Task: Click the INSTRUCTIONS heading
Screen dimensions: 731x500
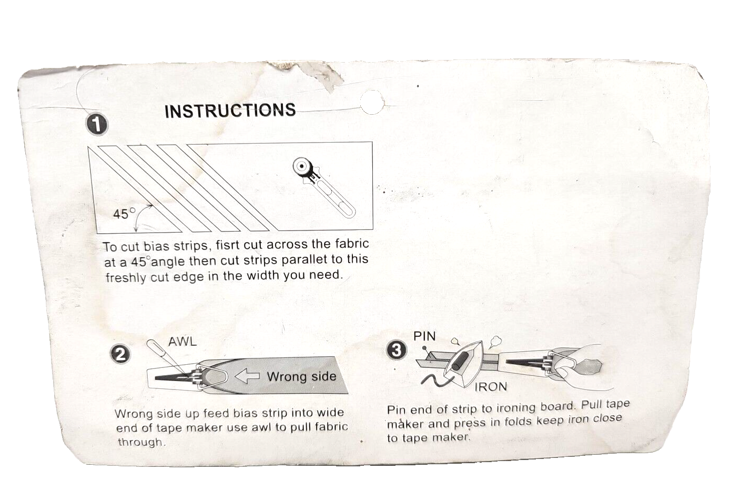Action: [230, 111]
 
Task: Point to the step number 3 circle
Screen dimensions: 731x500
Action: [397, 351]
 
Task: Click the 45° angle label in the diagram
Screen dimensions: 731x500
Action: [124, 214]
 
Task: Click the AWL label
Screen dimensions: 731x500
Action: [182, 342]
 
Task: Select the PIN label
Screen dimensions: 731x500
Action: [425, 336]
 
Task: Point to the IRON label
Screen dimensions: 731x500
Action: [491, 387]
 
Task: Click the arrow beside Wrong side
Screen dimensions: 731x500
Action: [247, 376]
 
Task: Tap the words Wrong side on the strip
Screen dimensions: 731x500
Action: [301, 376]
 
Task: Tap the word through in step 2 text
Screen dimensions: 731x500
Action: [141, 442]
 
